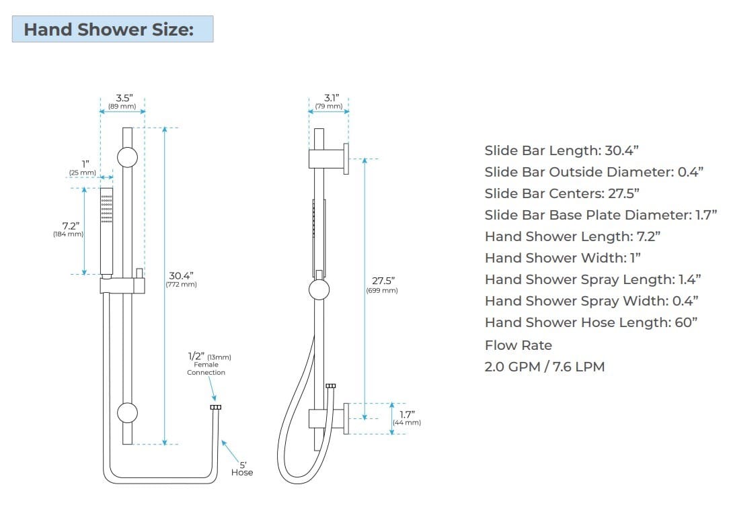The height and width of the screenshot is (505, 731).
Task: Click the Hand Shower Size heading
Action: (x=108, y=30)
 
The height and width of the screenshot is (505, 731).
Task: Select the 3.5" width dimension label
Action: (x=122, y=98)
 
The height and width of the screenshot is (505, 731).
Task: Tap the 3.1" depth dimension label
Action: (x=329, y=98)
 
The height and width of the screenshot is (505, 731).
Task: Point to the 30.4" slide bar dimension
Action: (x=181, y=275)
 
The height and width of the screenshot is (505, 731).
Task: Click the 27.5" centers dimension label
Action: (x=381, y=281)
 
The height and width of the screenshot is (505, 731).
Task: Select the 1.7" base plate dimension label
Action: (x=406, y=414)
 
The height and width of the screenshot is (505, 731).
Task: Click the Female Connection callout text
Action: (x=206, y=368)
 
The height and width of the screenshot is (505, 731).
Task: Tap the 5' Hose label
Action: (x=242, y=468)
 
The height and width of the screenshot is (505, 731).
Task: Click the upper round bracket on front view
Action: (x=127, y=157)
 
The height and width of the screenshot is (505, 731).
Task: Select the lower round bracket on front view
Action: (x=127, y=412)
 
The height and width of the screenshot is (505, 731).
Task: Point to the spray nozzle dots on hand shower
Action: (x=107, y=209)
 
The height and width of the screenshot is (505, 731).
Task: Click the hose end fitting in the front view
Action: (x=215, y=407)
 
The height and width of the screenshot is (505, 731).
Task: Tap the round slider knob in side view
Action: (x=319, y=290)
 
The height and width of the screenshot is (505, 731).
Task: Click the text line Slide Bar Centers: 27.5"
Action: (x=562, y=193)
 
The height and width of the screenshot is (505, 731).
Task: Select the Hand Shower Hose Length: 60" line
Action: (x=590, y=322)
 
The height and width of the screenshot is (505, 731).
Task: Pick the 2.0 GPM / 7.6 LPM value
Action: (x=544, y=367)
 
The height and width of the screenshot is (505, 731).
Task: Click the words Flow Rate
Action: (x=518, y=345)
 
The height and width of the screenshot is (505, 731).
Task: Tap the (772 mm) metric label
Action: (x=181, y=285)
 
